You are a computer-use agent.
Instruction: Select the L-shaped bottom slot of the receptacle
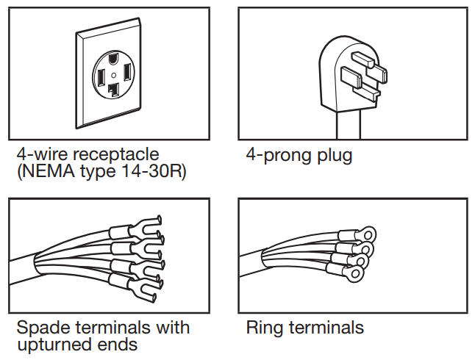click(113, 90)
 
